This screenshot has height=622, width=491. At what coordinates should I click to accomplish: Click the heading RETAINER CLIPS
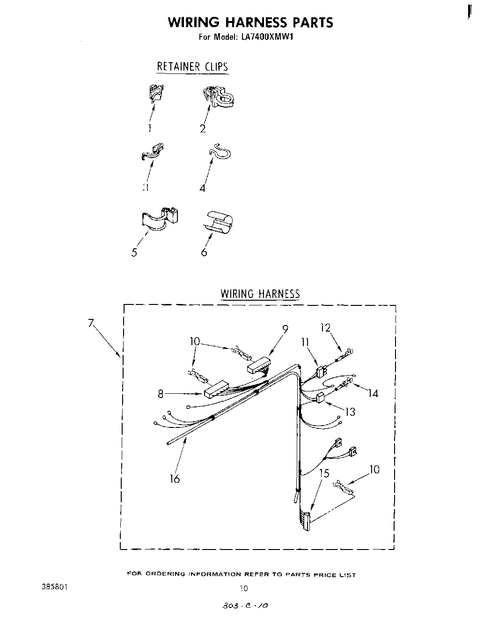(192, 66)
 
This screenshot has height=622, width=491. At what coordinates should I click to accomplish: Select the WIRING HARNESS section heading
(260, 294)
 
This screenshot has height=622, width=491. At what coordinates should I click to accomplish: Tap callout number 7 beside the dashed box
(91, 322)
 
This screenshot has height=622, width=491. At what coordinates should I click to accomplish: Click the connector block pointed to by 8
(216, 388)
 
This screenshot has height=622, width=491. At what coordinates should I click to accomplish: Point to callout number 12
(325, 328)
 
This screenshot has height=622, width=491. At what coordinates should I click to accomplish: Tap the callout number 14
(373, 393)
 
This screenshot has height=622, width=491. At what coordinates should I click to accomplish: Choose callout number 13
(350, 412)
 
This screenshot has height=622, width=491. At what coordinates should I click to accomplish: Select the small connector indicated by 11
(321, 372)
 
